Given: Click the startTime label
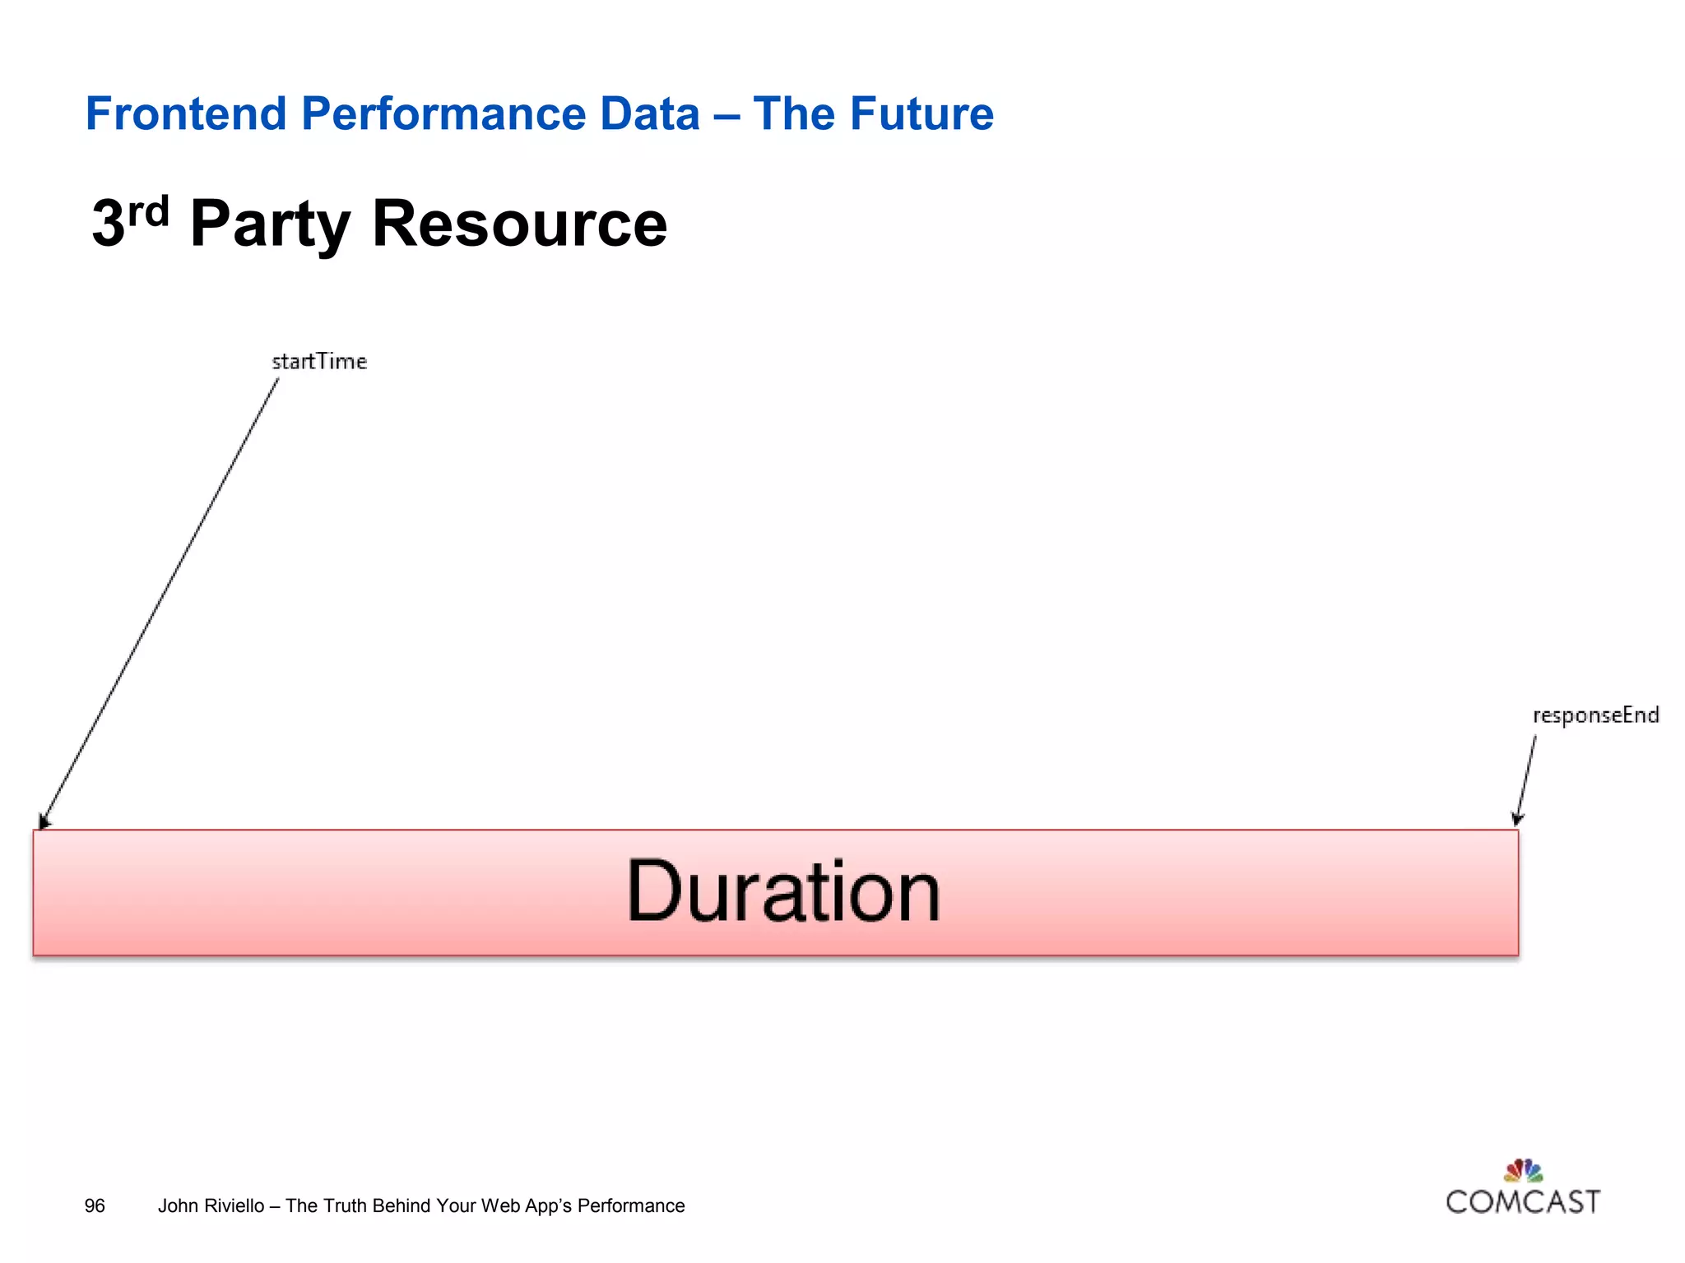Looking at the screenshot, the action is tap(319, 362).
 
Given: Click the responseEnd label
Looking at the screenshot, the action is tap(1595, 715).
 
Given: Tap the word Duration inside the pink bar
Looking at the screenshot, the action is tap(782, 892).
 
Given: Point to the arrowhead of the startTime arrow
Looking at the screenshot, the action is tap(44, 821).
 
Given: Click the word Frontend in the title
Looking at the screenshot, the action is tap(185, 113).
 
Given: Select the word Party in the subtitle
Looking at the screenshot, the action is tap(270, 224).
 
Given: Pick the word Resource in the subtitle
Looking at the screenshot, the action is tap(519, 224).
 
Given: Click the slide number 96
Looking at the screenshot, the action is tap(95, 1205).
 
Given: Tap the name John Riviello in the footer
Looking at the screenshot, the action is tap(211, 1205).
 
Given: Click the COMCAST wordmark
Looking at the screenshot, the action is tap(1523, 1202).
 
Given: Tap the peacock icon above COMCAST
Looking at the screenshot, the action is tap(1523, 1170).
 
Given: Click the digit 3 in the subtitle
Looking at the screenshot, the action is tap(109, 224).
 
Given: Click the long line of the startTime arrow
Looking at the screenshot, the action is tap(160, 600).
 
